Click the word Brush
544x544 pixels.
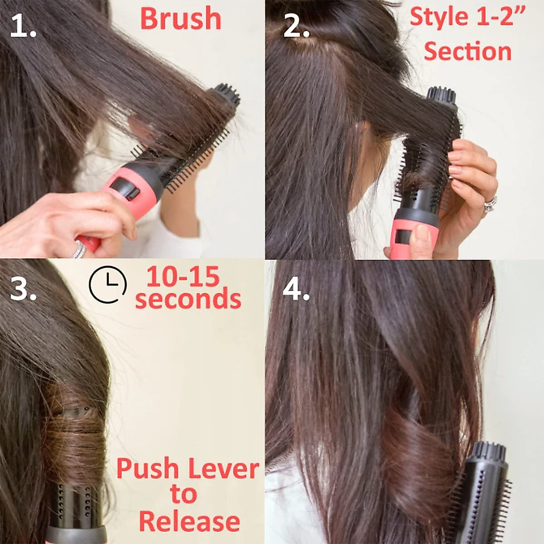180,19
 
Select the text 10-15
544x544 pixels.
183,277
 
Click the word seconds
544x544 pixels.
188,299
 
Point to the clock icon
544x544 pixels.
107,285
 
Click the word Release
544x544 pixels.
189,521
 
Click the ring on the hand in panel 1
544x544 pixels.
79,249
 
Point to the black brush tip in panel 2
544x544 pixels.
441,96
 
